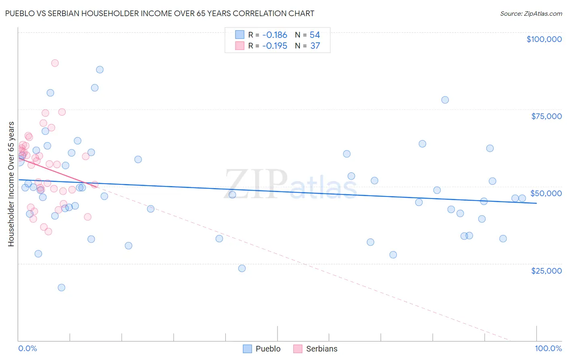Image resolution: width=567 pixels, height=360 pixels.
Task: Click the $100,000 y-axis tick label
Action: (x=544, y=39)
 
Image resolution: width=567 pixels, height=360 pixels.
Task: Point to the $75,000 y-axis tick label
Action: (x=546, y=116)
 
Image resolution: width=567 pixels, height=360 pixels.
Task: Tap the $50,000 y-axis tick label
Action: (x=546, y=193)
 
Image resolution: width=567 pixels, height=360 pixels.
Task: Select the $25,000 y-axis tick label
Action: (x=546, y=271)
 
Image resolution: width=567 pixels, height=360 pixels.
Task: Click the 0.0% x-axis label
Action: (x=27, y=348)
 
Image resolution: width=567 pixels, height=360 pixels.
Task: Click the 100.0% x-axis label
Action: (x=548, y=348)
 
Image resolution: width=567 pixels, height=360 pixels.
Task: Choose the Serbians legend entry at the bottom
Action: (x=315, y=349)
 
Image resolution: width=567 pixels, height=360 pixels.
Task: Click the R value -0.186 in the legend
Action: (x=274, y=35)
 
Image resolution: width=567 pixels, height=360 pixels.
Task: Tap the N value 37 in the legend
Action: (x=315, y=46)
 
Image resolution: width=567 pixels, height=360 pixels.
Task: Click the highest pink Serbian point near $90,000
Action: (x=55, y=63)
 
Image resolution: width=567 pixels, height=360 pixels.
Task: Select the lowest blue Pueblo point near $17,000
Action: (x=61, y=287)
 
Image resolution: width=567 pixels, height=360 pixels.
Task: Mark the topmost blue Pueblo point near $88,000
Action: (x=100, y=69)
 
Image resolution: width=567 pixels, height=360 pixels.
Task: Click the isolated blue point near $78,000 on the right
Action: (x=445, y=100)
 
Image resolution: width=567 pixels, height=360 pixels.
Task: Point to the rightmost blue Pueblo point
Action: (x=522, y=198)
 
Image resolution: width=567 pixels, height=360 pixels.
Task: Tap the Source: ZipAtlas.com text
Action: (x=531, y=14)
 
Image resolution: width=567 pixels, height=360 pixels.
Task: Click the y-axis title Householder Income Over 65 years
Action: (x=11, y=184)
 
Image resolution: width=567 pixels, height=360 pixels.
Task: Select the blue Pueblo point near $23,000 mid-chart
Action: (x=242, y=268)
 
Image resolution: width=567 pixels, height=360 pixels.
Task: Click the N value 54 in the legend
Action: (x=315, y=35)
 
